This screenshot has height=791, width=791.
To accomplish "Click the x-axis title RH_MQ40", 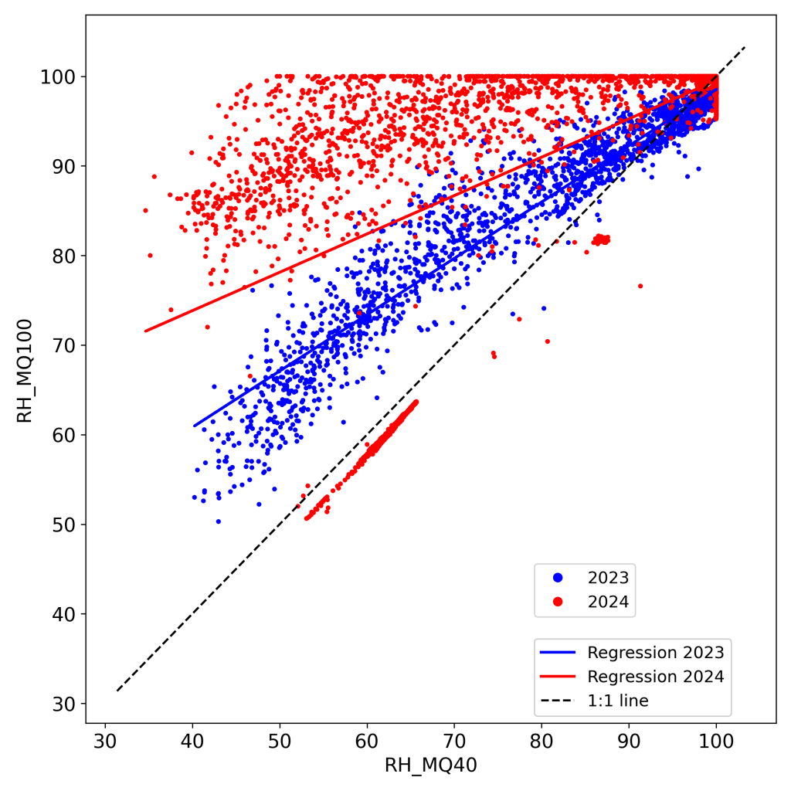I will (430, 766).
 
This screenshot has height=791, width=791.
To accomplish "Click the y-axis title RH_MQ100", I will (25, 370).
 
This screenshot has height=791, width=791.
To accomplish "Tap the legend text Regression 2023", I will (655, 651).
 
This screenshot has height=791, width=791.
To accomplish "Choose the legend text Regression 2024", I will (655, 676).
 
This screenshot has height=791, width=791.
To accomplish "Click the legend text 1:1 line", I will (618, 701).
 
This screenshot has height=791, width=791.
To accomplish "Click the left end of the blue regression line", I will (194, 426).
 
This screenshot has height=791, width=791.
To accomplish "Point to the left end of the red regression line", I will (144, 331).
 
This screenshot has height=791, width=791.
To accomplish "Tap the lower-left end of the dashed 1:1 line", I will (117, 691).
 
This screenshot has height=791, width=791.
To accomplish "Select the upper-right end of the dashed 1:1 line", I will (745, 47).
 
